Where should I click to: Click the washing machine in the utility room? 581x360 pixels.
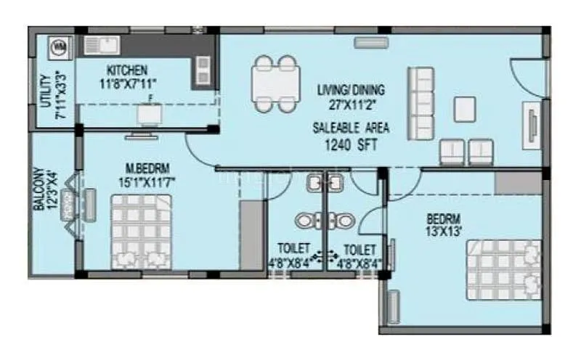point(57,48)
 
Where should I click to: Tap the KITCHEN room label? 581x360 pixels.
point(128,70)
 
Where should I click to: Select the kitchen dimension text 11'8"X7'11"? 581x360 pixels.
point(128,83)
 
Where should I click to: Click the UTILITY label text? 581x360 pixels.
point(45,91)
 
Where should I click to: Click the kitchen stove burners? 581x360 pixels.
point(202,71)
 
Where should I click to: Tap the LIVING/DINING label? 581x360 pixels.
point(351,91)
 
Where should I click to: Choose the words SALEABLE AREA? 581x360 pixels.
point(351,128)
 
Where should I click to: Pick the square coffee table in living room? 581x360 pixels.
point(465,109)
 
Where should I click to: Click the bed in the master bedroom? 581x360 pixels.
point(140,234)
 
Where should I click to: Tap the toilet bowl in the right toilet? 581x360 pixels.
point(344,220)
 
